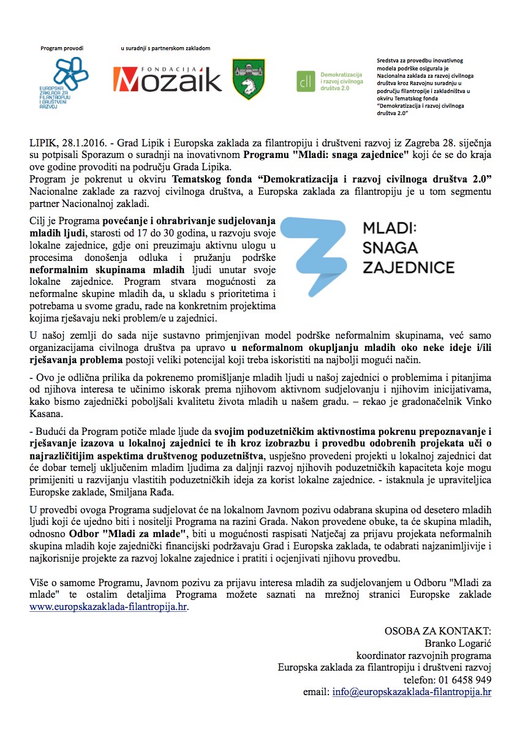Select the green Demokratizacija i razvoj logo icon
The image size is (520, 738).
[304, 80]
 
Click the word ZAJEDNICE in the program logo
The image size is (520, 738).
[409, 268]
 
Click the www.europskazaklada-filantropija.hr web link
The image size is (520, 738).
[109, 608]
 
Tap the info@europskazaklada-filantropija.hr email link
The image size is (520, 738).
[412, 692]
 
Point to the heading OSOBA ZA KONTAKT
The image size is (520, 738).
[437, 631]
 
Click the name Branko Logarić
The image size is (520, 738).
[458, 643]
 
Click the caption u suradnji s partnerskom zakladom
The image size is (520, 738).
[165, 48]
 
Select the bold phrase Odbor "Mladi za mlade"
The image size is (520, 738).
[132, 533]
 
